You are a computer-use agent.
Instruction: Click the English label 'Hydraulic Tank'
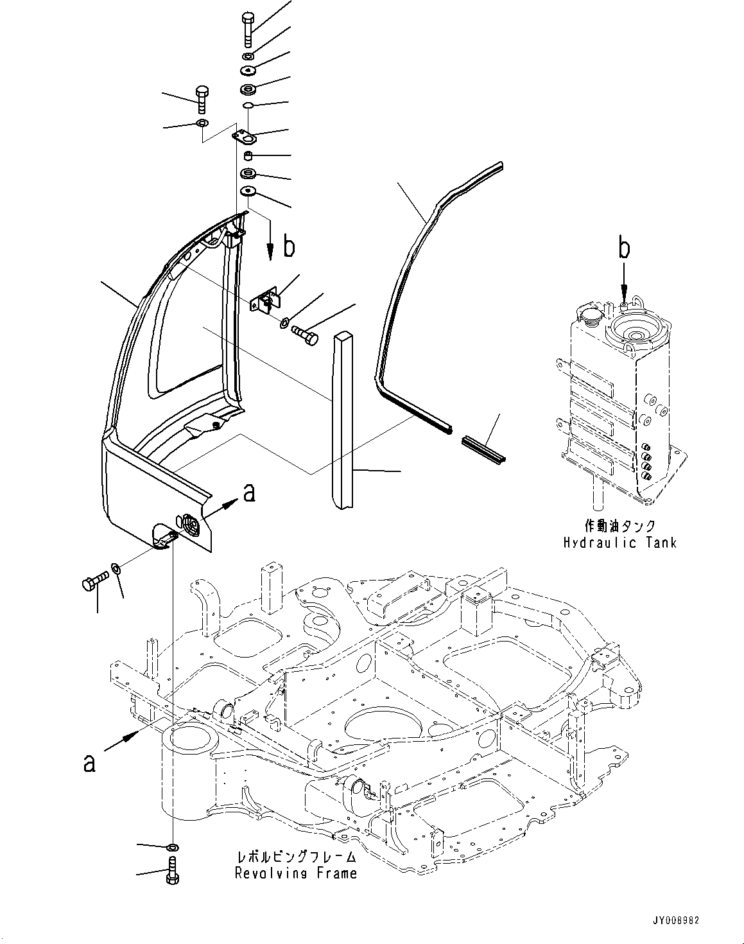(x=619, y=543)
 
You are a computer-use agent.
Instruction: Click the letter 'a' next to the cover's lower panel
(x=249, y=493)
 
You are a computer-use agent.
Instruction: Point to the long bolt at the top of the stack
(x=249, y=29)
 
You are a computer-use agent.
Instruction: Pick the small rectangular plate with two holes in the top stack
(x=245, y=136)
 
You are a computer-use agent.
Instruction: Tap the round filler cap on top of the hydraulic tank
(x=588, y=314)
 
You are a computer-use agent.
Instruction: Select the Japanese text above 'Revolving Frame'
(x=296, y=857)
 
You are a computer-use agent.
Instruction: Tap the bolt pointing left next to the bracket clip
(x=306, y=334)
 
